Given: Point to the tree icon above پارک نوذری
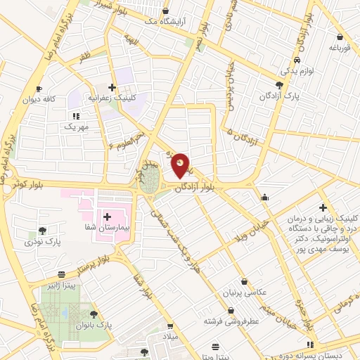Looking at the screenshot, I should (42, 231).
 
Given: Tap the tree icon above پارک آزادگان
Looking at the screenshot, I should (279, 84).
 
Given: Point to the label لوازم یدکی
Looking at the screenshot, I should (296, 71).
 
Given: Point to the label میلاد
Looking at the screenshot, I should (169, 337).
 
